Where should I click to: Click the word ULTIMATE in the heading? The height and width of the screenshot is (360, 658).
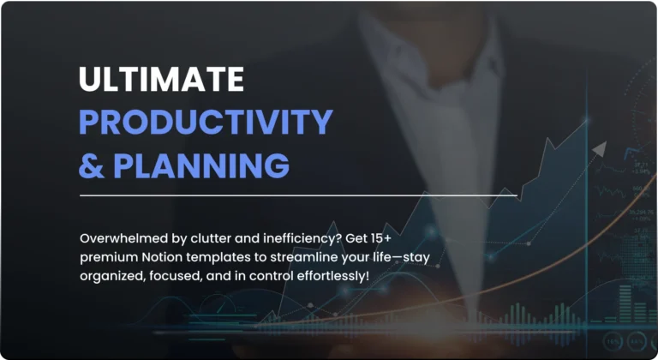(x=161, y=79)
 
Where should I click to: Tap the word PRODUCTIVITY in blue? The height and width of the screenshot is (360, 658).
(x=206, y=122)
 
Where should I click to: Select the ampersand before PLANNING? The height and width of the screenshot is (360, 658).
(x=91, y=165)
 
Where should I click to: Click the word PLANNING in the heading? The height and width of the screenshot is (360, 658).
(x=201, y=165)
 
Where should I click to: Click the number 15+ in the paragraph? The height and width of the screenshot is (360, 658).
(x=380, y=238)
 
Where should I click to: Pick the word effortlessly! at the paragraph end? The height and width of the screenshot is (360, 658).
(x=333, y=276)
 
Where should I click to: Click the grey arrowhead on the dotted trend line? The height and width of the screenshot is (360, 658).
(x=600, y=148)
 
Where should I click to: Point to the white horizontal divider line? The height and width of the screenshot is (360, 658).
(x=298, y=195)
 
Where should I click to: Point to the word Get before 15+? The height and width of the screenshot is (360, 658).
(x=356, y=238)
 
